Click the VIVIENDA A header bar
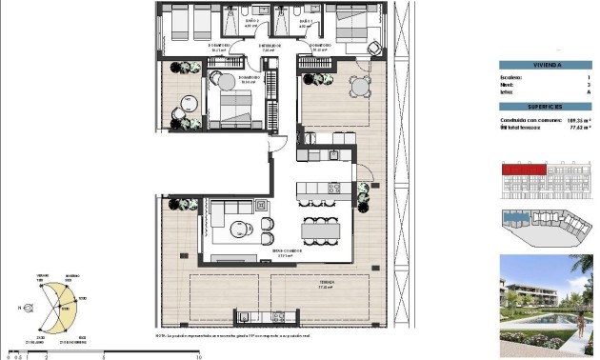546,66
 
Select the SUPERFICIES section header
546,106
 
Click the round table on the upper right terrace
359,89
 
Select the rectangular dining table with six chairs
321,230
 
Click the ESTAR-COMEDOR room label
290,252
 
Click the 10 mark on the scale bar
197,356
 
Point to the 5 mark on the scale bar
102,356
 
